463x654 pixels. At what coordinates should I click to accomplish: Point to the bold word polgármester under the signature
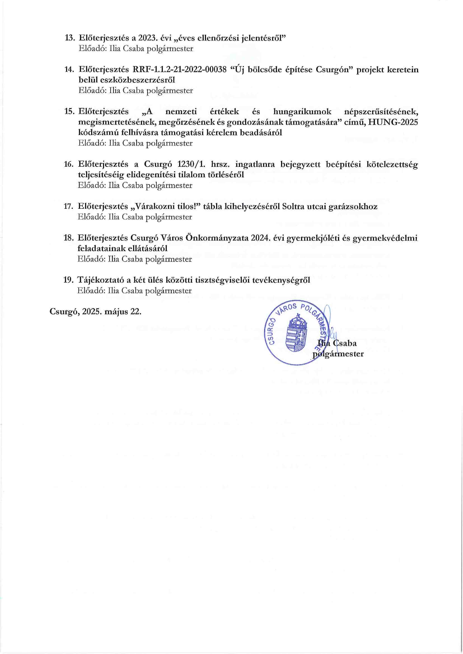click(x=338, y=354)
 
